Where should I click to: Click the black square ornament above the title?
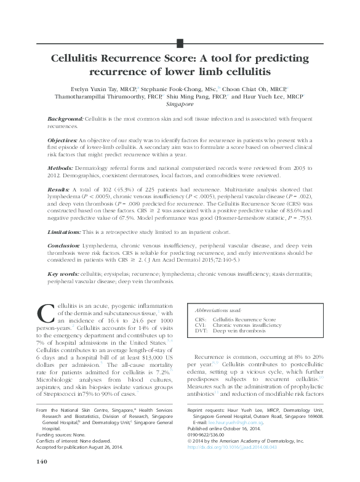(180, 42)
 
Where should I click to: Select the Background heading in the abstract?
(66, 118)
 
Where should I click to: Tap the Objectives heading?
(65, 140)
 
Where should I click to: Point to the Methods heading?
(62, 167)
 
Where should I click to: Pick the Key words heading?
(62, 274)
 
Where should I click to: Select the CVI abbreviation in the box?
(200, 325)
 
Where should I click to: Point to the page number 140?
(42, 461)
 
